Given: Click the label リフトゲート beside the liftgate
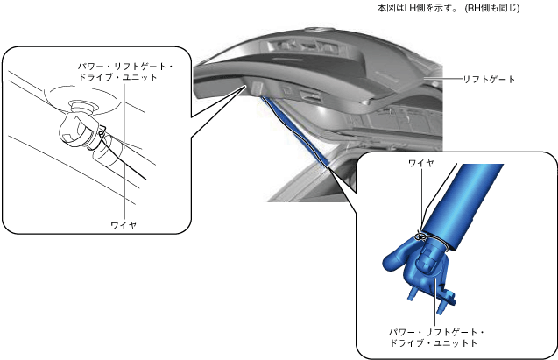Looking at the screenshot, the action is pyautogui.click(x=491, y=79).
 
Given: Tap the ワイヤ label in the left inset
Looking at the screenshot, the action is pyautogui.click(x=124, y=225).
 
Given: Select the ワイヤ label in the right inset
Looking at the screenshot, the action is pyautogui.click(x=421, y=163).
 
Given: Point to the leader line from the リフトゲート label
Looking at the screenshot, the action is pyautogui.click(x=447, y=79).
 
